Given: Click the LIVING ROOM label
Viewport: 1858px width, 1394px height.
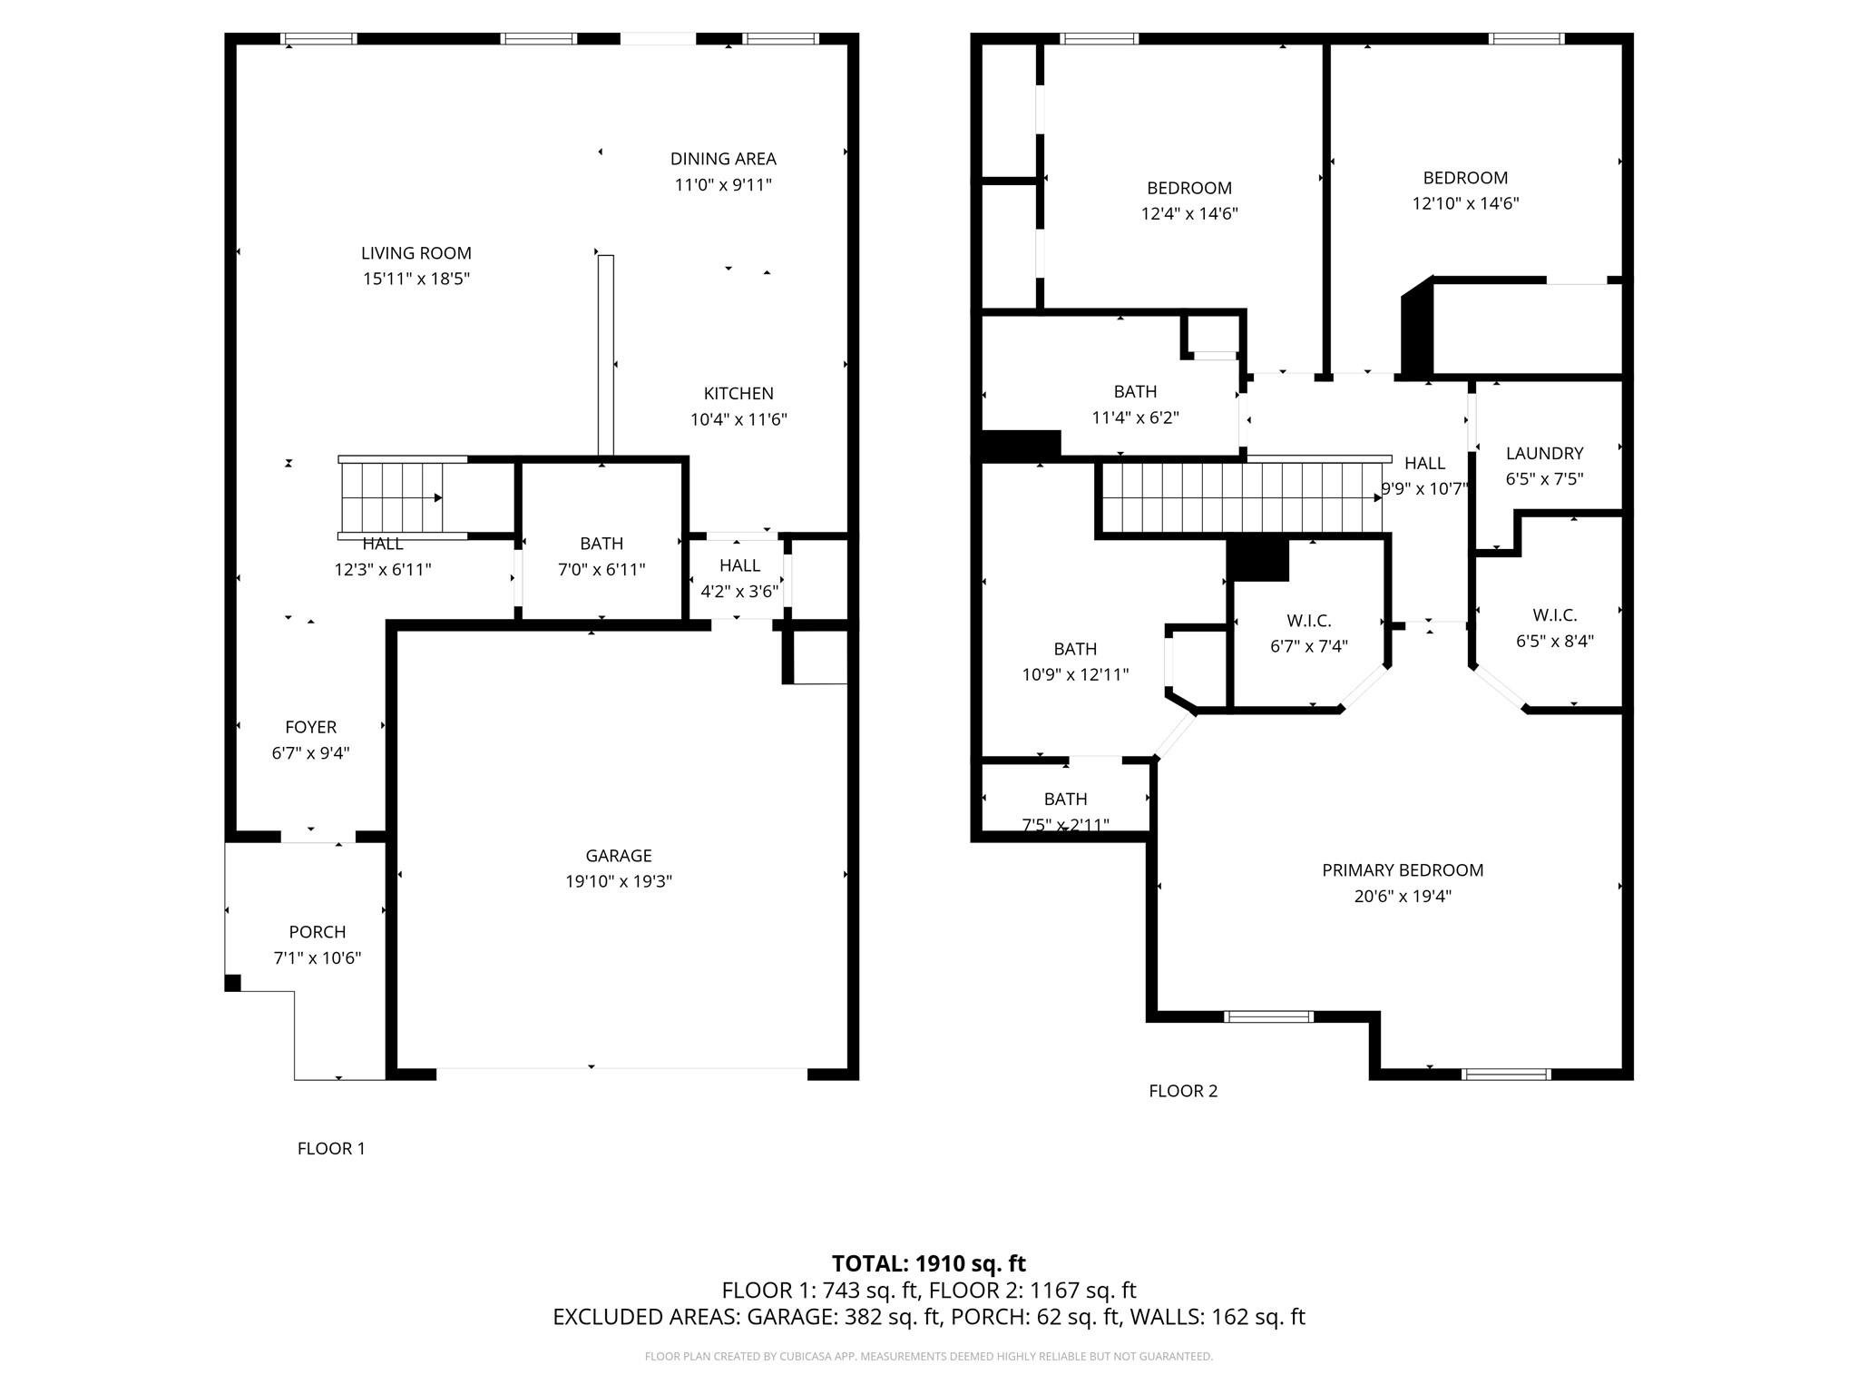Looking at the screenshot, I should click(416, 253).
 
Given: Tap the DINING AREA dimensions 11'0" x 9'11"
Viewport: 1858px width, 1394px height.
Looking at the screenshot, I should click(723, 185).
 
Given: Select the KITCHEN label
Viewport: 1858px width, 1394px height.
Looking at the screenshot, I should click(738, 393).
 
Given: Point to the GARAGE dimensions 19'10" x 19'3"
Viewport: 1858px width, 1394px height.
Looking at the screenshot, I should click(618, 881).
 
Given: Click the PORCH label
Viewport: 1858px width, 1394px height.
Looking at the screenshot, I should click(317, 932).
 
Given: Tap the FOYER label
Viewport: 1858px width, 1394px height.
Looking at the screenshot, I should click(310, 727).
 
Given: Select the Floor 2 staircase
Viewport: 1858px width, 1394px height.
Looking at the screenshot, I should click(1241, 497).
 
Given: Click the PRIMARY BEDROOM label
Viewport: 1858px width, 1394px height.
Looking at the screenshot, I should click(1402, 870).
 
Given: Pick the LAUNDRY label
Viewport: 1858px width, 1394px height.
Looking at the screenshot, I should click(1544, 453).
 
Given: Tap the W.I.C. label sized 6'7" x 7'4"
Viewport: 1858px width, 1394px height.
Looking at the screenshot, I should click(1308, 621).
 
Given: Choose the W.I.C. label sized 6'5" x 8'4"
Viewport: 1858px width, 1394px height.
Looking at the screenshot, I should click(1554, 615).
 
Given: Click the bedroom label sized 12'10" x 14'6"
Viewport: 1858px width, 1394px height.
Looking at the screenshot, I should click(1464, 178).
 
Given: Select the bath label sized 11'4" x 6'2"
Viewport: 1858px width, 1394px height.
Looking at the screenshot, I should click(1135, 391).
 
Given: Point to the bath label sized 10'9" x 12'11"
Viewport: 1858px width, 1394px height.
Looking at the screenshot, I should click(1075, 649).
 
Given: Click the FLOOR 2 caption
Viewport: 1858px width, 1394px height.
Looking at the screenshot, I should click(1182, 1091).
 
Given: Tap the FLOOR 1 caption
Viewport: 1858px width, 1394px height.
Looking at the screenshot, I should click(331, 1148).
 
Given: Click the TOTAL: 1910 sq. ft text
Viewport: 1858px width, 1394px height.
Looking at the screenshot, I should click(928, 1263).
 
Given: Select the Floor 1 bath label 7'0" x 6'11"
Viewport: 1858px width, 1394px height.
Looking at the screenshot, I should click(601, 544).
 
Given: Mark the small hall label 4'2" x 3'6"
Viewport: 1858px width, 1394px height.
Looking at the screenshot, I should click(739, 565).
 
